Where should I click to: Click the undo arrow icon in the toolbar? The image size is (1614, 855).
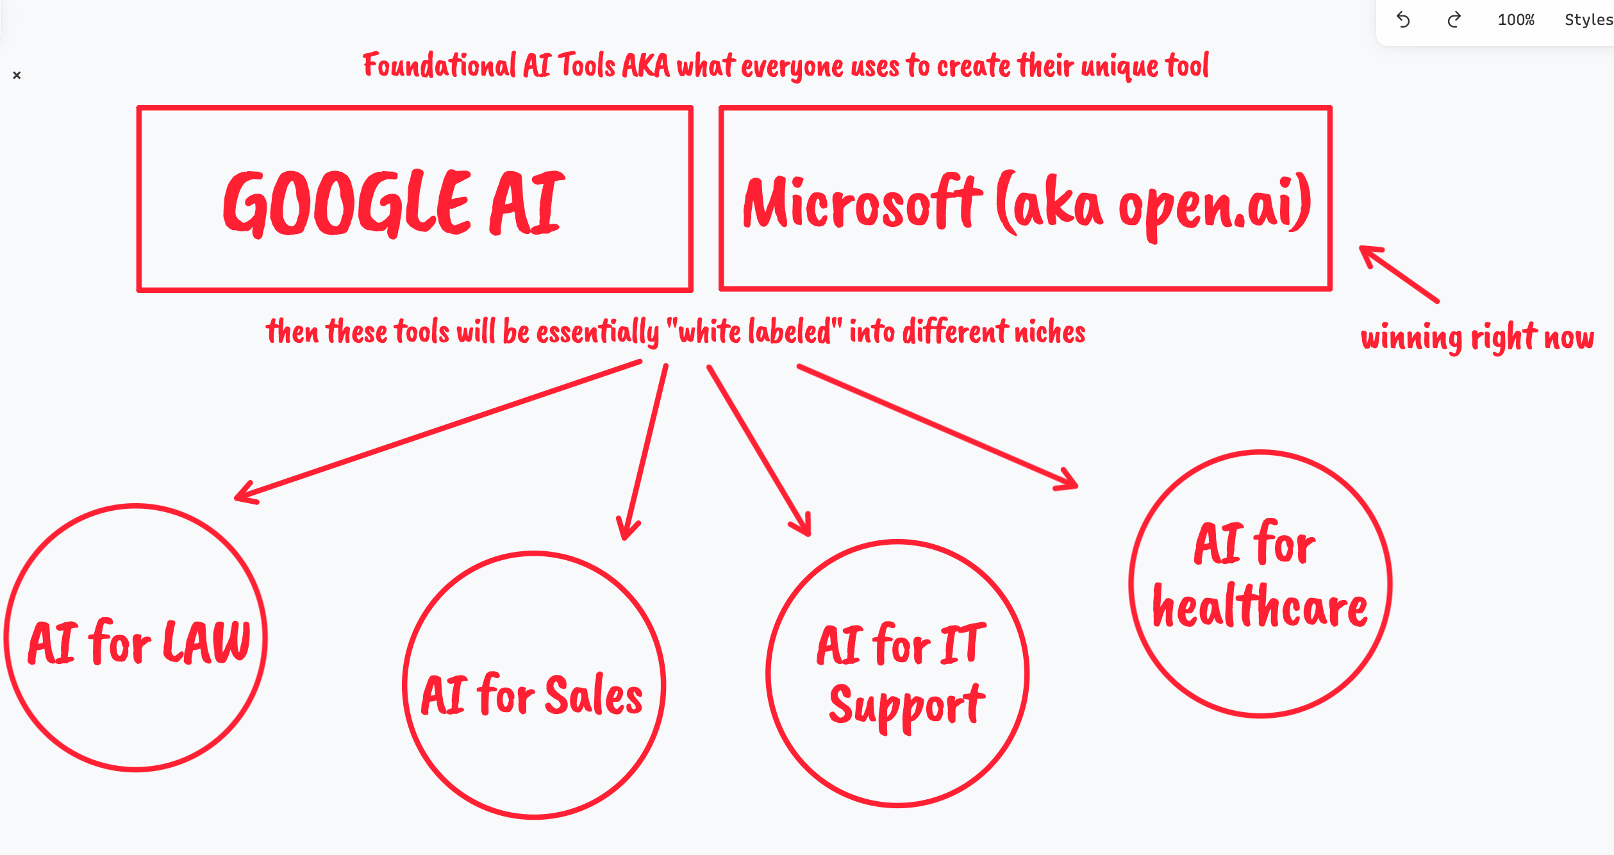(x=1403, y=20)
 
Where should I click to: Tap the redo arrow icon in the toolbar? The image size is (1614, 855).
(x=1454, y=20)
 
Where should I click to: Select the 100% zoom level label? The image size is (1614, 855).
(x=1516, y=20)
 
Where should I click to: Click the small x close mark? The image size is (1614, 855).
(x=17, y=75)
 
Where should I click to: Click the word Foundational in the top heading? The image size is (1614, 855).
(x=439, y=66)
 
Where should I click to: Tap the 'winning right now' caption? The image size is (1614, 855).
(x=1477, y=337)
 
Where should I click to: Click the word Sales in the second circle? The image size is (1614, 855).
(x=594, y=695)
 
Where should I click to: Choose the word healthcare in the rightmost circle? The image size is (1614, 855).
(x=1260, y=606)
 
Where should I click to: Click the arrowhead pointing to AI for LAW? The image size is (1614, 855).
(x=244, y=495)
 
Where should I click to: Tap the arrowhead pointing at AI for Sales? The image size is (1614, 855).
(x=627, y=532)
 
